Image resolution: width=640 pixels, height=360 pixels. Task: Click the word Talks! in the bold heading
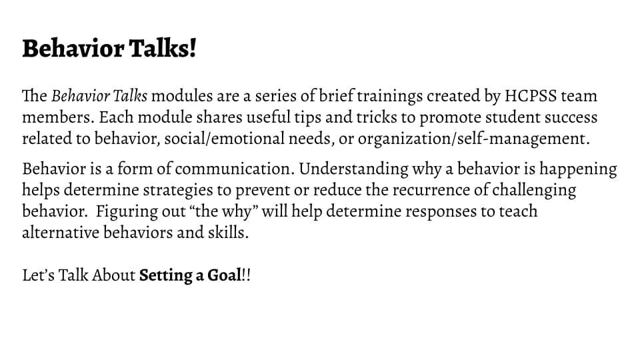[x=163, y=48]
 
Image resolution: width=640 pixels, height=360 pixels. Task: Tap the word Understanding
[x=353, y=169]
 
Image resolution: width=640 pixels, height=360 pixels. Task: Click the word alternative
[x=61, y=233]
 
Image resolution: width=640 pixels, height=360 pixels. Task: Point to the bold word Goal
[x=224, y=275]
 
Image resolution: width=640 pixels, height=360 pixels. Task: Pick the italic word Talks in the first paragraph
[x=129, y=96]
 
